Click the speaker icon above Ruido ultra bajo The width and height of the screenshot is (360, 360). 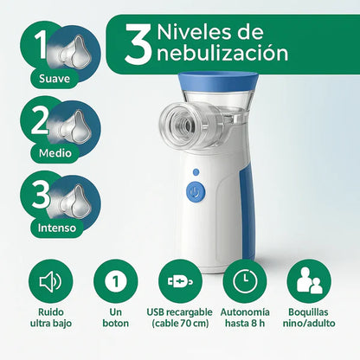(x=50, y=282)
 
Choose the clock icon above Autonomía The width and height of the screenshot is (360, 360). (x=244, y=282)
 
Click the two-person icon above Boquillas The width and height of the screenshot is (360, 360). (x=309, y=282)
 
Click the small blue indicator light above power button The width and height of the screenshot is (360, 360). (x=196, y=172)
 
